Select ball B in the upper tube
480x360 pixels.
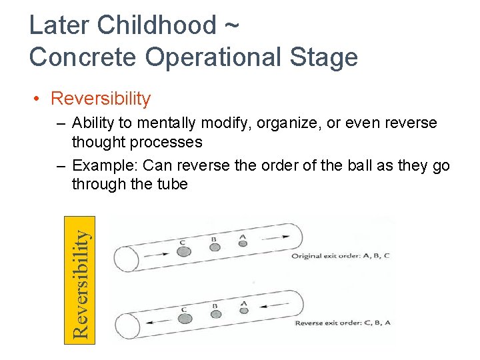coord(215,247)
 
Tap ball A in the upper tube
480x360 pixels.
coord(243,243)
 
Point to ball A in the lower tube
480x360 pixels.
coord(243,310)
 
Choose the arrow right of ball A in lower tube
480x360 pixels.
coord(270,307)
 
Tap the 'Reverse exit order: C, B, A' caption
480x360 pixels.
coord(343,323)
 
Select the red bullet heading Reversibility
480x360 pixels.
coord(101,99)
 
